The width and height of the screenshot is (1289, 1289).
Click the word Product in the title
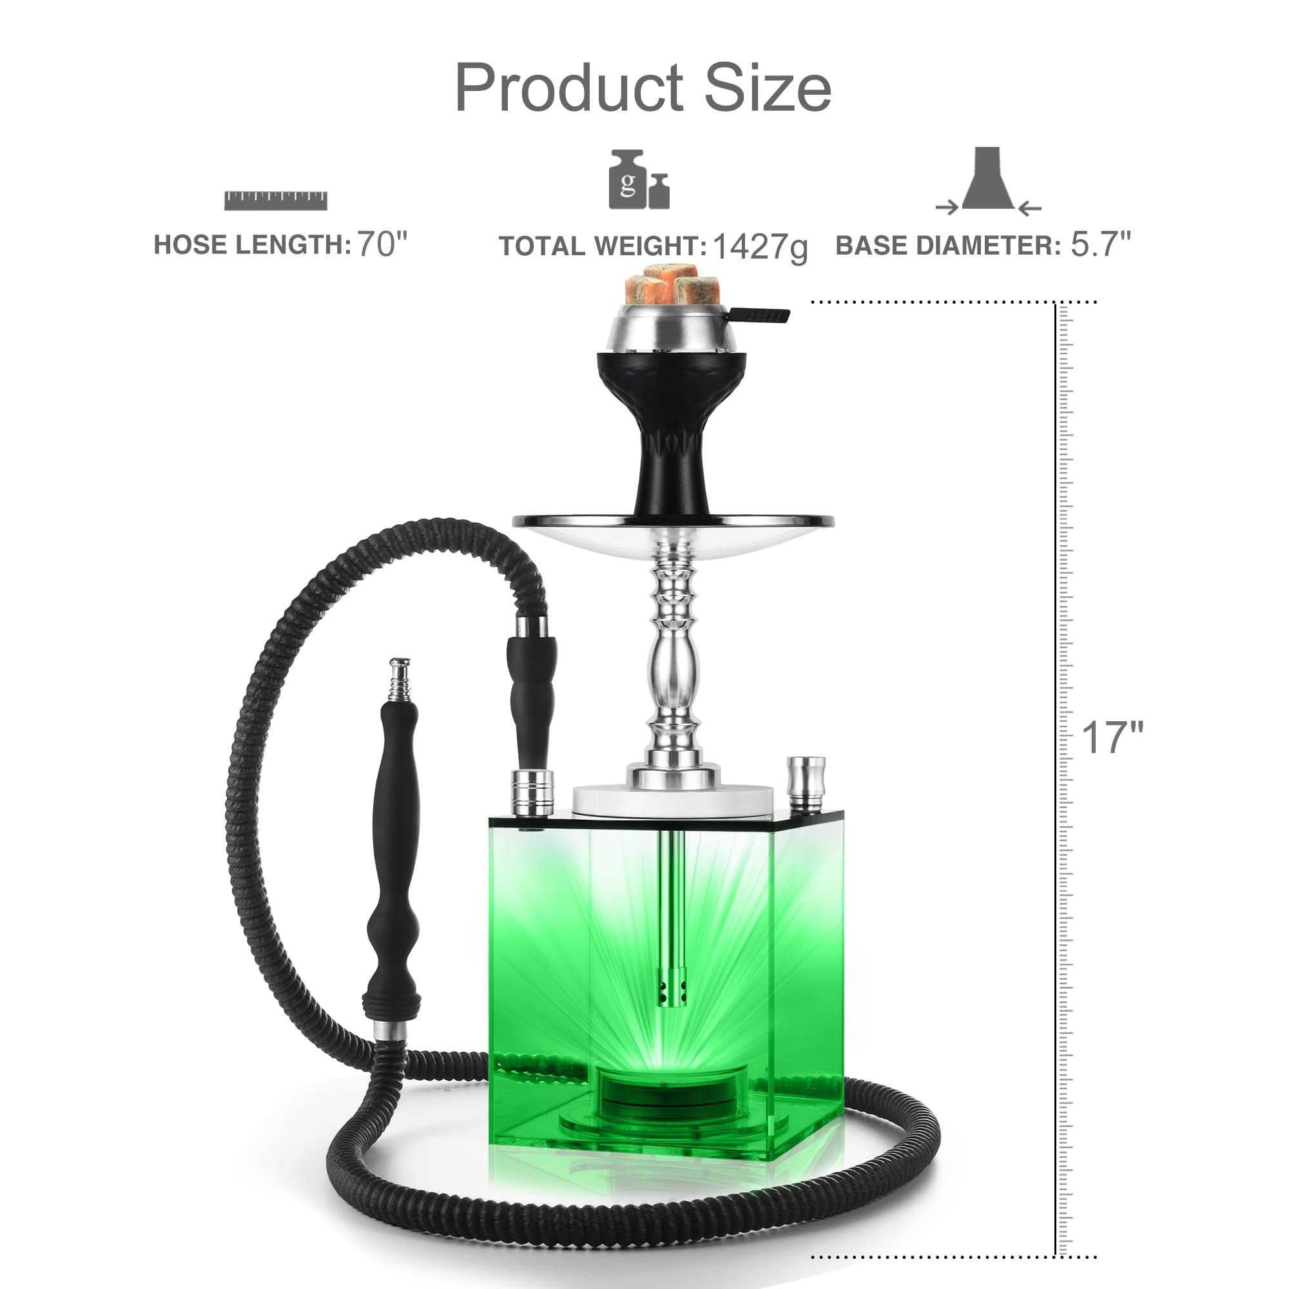click(x=569, y=88)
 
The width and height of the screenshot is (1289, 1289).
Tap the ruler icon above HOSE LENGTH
click(x=276, y=201)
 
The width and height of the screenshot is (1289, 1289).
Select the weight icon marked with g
click(x=639, y=179)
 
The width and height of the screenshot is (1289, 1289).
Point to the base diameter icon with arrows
click(x=988, y=182)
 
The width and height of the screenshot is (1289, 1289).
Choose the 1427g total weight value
click(x=760, y=247)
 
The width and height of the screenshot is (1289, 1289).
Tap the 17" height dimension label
click(x=1112, y=737)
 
